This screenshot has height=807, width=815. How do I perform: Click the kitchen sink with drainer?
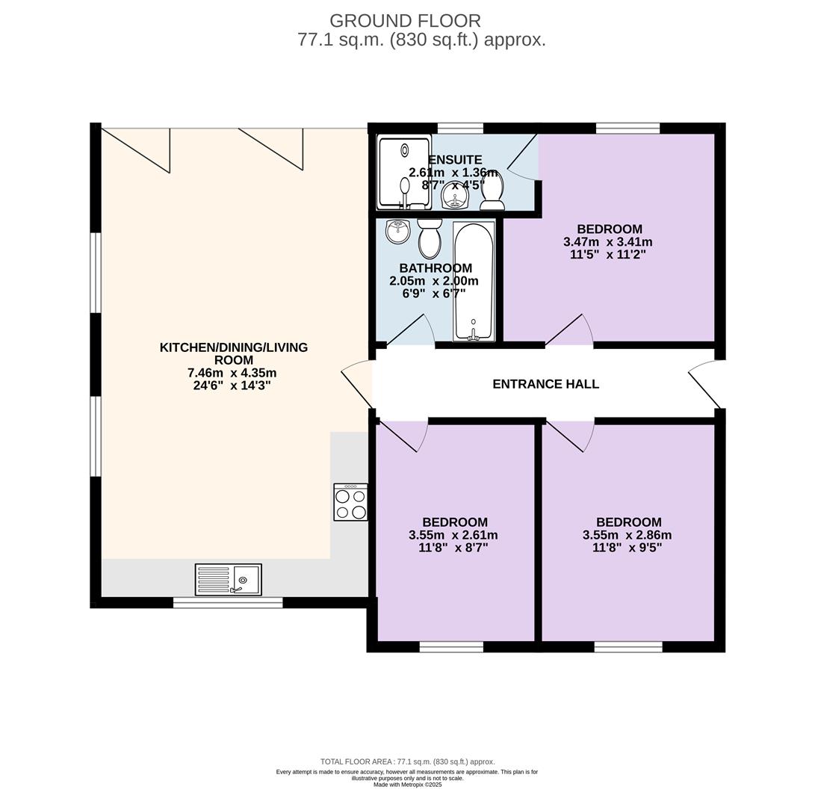[228, 580]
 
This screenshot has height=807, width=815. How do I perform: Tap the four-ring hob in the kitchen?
[350, 502]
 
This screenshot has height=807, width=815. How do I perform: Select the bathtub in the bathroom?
[474, 281]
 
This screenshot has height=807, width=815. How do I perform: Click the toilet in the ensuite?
[492, 192]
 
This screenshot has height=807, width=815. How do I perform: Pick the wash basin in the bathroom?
[398, 232]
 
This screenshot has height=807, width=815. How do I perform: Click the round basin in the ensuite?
[455, 197]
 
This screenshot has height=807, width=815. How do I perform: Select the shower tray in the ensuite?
[404, 172]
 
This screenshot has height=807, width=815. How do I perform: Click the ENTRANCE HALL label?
[545, 384]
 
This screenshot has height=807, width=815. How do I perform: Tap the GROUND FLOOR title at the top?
[405, 21]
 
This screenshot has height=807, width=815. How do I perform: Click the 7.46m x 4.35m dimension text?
[233, 373]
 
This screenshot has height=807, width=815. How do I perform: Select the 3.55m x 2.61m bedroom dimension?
[453, 535]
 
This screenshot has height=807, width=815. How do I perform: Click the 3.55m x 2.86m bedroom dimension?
[627, 535]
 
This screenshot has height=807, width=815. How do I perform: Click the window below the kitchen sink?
[228, 602]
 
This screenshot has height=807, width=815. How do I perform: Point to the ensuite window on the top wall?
[459, 128]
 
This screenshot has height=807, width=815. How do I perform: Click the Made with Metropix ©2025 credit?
[407, 785]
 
